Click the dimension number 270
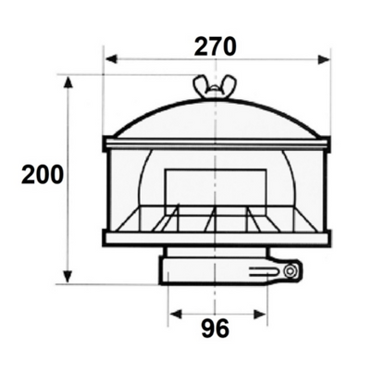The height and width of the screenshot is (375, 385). (215, 46)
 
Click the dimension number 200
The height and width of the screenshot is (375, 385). (43, 175)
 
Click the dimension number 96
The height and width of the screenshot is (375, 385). (216, 328)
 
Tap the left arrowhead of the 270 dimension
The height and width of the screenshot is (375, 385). (111, 58)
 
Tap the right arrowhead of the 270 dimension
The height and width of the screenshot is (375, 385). (324, 59)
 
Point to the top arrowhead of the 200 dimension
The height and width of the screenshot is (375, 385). (68, 83)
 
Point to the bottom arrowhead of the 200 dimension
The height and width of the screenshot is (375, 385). (68, 277)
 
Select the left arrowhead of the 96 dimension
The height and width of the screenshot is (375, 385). (176, 315)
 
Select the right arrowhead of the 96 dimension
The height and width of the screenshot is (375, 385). (259, 315)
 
